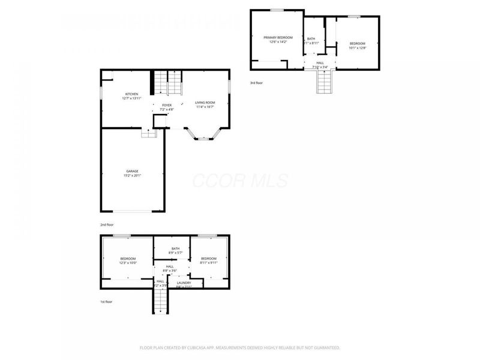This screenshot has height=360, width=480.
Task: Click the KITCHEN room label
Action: [131, 94]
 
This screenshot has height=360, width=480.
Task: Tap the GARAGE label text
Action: [132, 171]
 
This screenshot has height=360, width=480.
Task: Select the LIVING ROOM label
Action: [205, 103]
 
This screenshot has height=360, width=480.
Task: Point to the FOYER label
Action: [166, 105]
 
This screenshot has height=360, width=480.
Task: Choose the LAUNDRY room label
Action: [184, 283]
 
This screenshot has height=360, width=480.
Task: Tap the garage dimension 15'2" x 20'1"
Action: [132, 176]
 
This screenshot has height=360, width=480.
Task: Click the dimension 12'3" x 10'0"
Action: [128, 263]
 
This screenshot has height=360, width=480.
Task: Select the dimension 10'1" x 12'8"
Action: [358, 47]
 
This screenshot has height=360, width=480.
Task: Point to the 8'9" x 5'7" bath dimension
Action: [175, 253]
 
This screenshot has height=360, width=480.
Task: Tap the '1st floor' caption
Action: [106, 302]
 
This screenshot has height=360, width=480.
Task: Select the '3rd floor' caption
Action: [256, 83]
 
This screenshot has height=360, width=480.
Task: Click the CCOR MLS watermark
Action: [240, 181]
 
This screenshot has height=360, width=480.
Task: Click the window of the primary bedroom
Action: [277, 10]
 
